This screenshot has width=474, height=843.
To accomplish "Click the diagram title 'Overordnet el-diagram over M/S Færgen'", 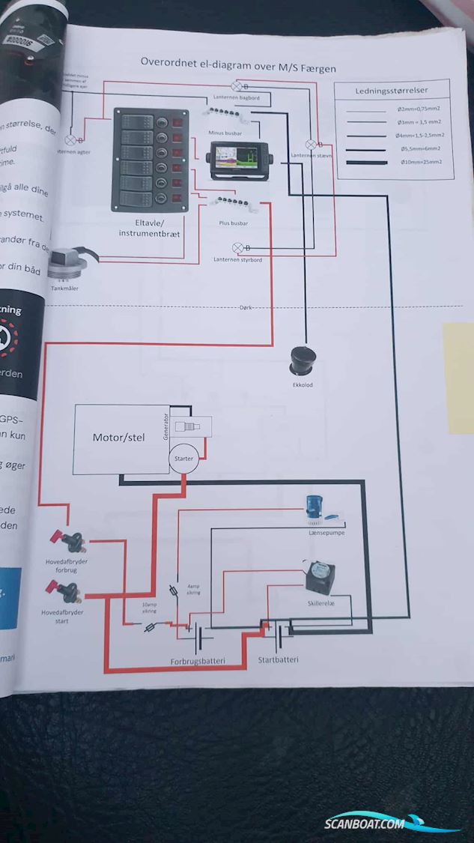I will click(x=238, y=67).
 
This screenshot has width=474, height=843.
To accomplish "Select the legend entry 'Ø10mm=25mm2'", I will click(x=421, y=162).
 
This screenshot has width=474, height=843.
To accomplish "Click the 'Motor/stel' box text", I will click(x=118, y=437).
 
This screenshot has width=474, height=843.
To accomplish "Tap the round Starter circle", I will click(x=183, y=459).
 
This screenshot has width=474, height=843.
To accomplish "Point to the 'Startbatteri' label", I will click(x=278, y=659).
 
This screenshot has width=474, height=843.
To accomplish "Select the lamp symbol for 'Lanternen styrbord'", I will click(x=238, y=248).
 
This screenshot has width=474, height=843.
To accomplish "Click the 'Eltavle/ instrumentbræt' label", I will click(x=149, y=229).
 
